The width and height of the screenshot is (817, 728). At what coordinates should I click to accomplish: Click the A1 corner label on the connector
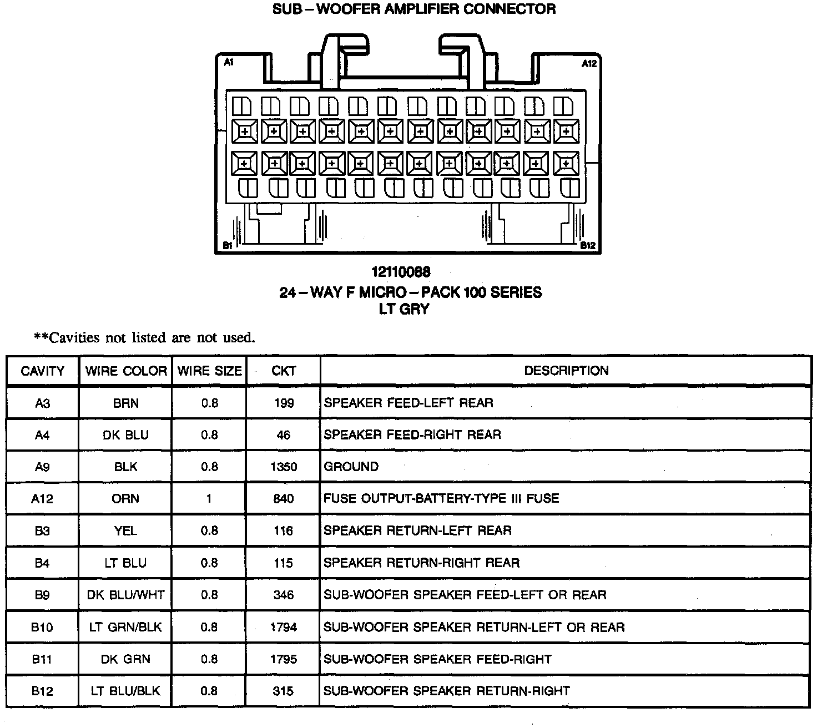(228, 63)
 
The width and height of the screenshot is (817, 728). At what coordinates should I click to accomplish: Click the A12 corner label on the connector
(589, 64)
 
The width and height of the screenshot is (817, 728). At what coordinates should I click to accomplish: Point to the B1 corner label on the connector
(228, 245)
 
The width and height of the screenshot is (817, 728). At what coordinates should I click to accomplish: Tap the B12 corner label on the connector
(588, 245)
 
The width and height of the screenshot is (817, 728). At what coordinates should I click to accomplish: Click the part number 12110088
(401, 272)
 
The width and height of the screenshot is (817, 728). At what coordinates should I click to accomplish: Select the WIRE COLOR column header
(126, 371)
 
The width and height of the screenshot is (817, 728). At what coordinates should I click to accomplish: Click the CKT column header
(284, 371)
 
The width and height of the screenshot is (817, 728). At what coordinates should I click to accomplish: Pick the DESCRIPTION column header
(566, 371)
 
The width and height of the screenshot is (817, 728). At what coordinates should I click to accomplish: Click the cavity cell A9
(42, 467)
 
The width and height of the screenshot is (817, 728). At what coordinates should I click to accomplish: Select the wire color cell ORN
(125, 499)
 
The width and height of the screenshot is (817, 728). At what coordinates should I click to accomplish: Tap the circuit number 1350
(284, 467)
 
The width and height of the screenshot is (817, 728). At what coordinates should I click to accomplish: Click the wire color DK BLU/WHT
(126, 595)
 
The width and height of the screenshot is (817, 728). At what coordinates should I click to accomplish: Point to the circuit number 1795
(284, 659)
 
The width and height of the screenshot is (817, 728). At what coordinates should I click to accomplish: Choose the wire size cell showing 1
(209, 499)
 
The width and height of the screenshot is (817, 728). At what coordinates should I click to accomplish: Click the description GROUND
(351, 467)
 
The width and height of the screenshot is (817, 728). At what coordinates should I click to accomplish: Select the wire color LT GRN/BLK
(126, 627)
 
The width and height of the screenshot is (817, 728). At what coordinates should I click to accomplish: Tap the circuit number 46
(284, 435)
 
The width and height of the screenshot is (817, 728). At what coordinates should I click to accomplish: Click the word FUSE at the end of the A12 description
(542, 498)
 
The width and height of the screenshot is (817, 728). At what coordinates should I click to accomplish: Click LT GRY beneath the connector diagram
(404, 309)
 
